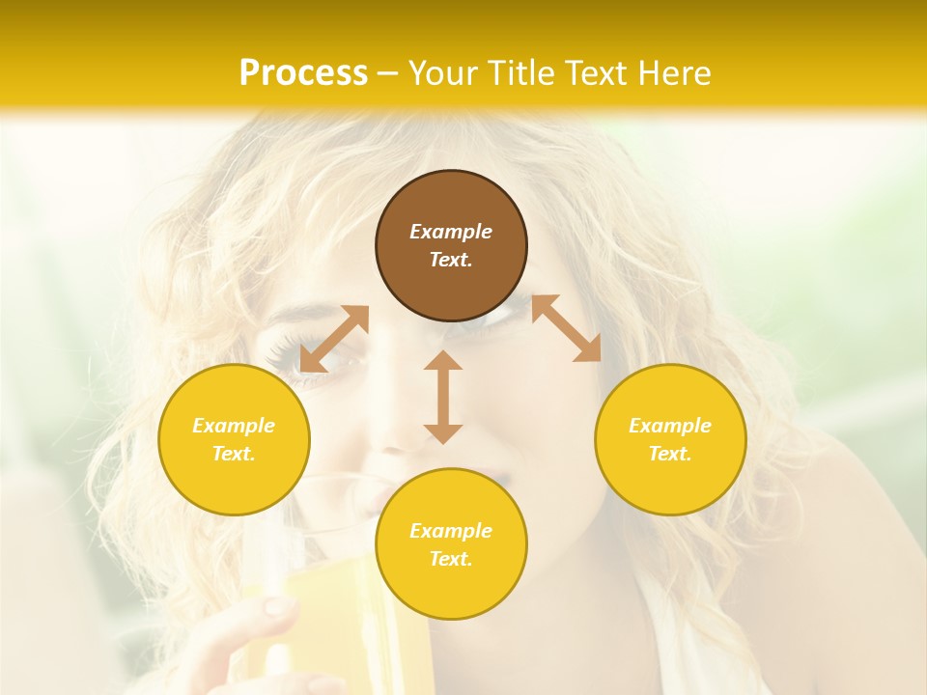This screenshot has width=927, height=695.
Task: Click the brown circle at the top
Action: tap(451, 246)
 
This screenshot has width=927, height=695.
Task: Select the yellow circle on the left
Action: tap(234, 439)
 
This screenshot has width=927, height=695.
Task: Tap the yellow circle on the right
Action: tap(670, 439)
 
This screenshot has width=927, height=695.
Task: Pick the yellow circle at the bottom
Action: tap(451, 544)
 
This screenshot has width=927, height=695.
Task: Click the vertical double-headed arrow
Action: tap(443, 397)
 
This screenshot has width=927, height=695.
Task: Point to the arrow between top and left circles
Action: tap(334, 339)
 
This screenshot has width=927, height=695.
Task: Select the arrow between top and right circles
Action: tap(566, 328)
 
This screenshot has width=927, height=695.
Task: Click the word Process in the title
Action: tap(303, 72)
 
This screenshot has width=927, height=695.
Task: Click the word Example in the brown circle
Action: tap(451, 232)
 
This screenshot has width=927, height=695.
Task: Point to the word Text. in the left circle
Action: tap(234, 454)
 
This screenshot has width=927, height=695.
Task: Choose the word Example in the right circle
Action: tap(670, 426)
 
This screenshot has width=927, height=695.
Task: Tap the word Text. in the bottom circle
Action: tap(451, 559)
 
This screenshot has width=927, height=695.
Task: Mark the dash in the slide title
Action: tap(387, 73)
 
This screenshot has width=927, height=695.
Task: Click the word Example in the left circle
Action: tap(234, 426)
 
